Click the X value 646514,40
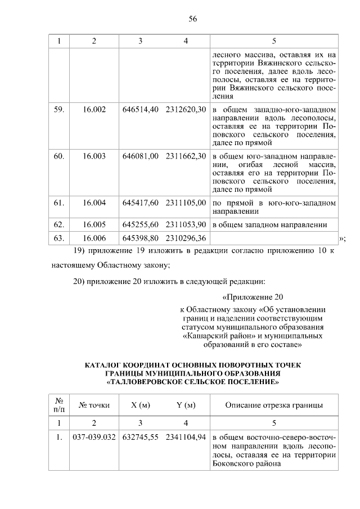(x=140, y=109)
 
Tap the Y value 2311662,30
(x=186, y=156)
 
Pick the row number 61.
(x=58, y=202)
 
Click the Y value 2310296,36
(x=186, y=238)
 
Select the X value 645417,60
(x=140, y=202)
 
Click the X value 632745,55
(x=140, y=438)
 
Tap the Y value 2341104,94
(x=186, y=438)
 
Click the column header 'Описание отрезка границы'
(x=274, y=405)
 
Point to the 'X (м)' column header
(x=140, y=405)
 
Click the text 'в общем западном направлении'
(x=269, y=224)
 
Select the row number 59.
(x=58, y=109)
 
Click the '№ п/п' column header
(x=58, y=405)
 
